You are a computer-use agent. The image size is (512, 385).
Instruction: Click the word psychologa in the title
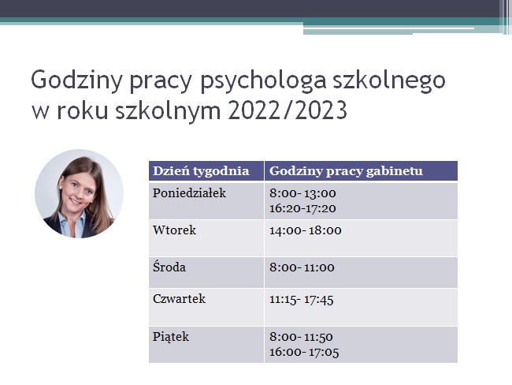[x=263, y=80]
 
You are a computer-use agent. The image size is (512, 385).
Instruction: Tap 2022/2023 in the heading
[x=288, y=110]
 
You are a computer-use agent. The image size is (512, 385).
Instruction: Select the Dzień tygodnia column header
[x=201, y=171]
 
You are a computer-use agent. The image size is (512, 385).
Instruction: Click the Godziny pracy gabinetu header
[x=346, y=171]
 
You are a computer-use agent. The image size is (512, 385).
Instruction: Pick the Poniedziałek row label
[x=189, y=193]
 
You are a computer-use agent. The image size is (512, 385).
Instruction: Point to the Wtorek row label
[x=174, y=230]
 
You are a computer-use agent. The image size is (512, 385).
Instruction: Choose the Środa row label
[x=169, y=267]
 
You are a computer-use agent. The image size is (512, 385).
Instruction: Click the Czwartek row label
[x=179, y=299]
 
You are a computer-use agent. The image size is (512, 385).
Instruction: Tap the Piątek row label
[x=171, y=337]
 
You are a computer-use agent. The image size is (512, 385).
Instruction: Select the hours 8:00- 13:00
[x=302, y=193]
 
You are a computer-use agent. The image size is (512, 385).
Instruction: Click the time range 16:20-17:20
[x=302, y=208]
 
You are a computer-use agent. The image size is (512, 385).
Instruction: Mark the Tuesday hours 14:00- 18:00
[x=306, y=230]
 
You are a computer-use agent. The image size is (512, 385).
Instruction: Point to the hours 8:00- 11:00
[x=302, y=267]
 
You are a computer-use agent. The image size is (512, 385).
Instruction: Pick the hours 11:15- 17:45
[x=302, y=300]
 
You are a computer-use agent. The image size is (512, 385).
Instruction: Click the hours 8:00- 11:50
[x=301, y=337]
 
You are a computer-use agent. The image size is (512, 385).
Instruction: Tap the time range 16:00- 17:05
[x=304, y=353]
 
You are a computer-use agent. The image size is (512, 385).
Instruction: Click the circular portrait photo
[x=79, y=193]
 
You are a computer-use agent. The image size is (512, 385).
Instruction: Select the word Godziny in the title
[x=76, y=80]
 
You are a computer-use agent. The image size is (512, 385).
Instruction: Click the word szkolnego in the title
[x=388, y=80]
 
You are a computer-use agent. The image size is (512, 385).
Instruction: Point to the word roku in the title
[x=83, y=110]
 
